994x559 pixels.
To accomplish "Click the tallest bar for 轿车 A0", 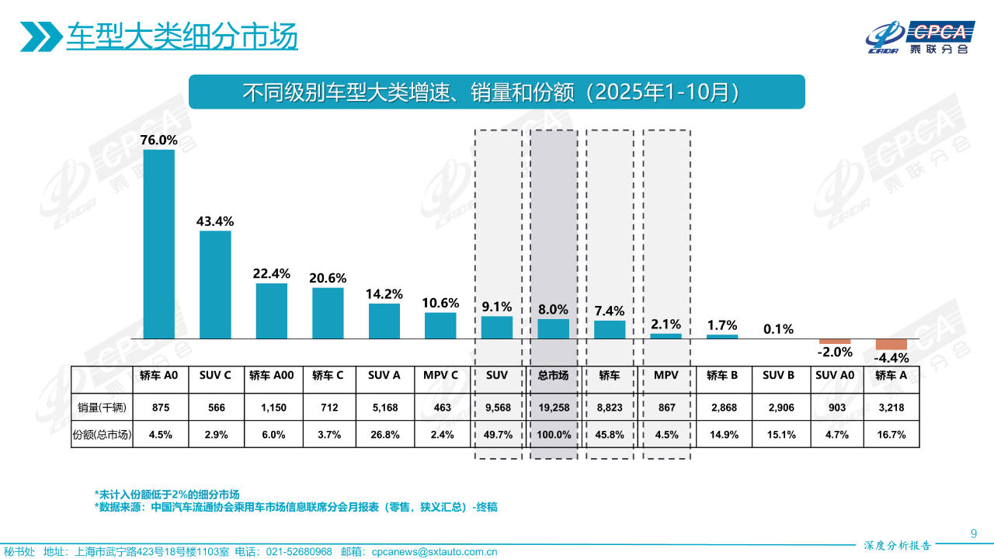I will [x=159, y=244].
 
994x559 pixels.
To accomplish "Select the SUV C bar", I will [x=215, y=284].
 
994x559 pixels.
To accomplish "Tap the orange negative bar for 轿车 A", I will [x=891, y=345].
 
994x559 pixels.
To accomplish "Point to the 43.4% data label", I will [x=215, y=221].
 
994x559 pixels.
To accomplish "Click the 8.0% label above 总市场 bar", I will [x=553, y=310].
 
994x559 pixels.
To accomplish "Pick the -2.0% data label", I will [x=835, y=352].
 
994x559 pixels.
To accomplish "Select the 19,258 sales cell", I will [x=553, y=407].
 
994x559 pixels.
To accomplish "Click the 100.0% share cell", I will [x=553, y=435].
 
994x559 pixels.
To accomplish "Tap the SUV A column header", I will [x=384, y=376].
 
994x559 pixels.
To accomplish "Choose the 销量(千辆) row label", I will [x=102, y=407].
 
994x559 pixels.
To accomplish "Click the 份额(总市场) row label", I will [x=102, y=435].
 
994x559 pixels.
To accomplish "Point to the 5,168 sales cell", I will [x=384, y=407].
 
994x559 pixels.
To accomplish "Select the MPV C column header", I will [x=440, y=376].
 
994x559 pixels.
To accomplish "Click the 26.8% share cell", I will [x=384, y=435].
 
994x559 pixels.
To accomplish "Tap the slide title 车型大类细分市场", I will [x=182, y=36].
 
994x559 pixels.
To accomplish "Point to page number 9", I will [x=974, y=533].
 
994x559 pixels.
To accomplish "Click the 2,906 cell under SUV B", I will [x=778, y=407].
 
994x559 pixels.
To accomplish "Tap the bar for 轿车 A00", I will [x=272, y=311].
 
